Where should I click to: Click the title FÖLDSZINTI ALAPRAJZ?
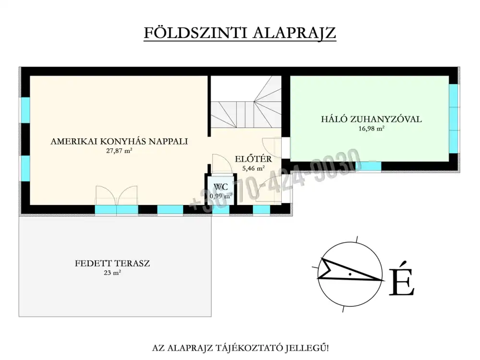click(240, 33)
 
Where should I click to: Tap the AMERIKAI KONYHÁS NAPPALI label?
click(119, 141)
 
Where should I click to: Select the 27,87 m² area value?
click(119, 151)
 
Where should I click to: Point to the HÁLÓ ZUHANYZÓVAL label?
click(372, 119)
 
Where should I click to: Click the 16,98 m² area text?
click(372, 129)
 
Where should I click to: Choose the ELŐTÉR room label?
click(253, 159)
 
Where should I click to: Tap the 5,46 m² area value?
click(253, 168)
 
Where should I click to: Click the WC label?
click(221, 187)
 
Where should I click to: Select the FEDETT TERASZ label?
click(112, 263)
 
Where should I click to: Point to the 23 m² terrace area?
click(112, 273)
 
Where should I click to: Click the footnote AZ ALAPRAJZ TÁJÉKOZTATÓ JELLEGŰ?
click(240, 348)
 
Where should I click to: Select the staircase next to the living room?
click(246, 102)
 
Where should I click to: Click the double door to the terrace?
click(116, 195)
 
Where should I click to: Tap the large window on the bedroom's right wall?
click(454, 119)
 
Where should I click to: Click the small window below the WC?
click(221, 210)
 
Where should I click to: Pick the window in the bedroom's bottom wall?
click(372, 166)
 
